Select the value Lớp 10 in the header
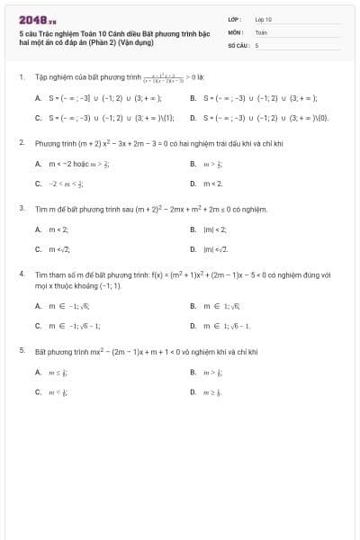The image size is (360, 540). click(x=263, y=18)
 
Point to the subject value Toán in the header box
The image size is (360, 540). click(x=261, y=31)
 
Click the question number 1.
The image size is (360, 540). click(x=21, y=77)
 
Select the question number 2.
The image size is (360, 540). click(x=21, y=142)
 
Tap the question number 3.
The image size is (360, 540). click(x=21, y=208)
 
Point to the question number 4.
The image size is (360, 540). click(x=21, y=271)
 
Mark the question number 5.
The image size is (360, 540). click(x=21, y=349)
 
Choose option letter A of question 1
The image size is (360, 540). click(x=38, y=98)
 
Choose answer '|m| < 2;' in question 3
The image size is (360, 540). click(x=214, y=229)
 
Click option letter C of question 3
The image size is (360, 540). click(x=38, y=248)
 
